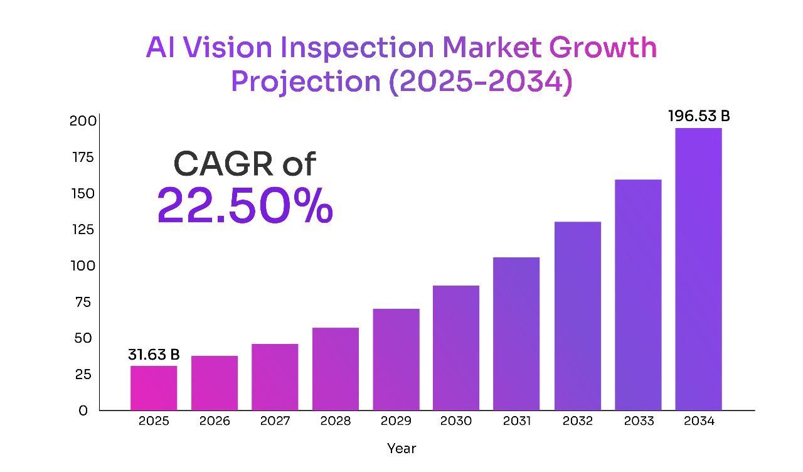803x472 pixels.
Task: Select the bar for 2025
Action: (x=154, y=388)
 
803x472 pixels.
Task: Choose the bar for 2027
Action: (x=275, y=377)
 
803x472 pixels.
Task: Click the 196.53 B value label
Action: (x=699, y=117)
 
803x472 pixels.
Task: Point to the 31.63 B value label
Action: (x=154, y=355)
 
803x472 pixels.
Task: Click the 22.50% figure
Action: (x=245, y=206)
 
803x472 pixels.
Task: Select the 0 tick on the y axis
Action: (x=83, y=410)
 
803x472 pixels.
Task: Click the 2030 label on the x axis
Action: (x=456, y=421)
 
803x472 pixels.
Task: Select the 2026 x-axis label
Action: (x=215, y=421)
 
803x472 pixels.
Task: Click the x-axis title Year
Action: (x=401, y=449)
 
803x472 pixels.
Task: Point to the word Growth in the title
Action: (x=603, y=48)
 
